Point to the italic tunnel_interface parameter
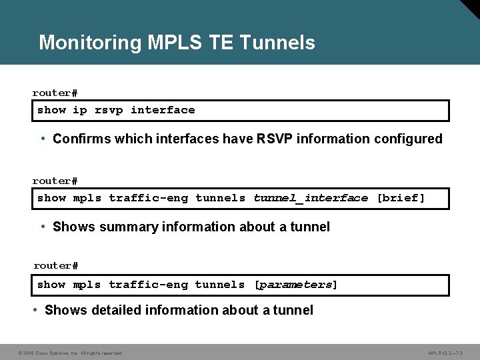pos(311,198)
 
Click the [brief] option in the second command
pos(401,198)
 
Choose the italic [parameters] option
pos(296,285)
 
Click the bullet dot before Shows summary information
pos(43,227)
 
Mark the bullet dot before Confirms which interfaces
pos(43,139)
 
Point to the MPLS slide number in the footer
pos(449,353)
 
